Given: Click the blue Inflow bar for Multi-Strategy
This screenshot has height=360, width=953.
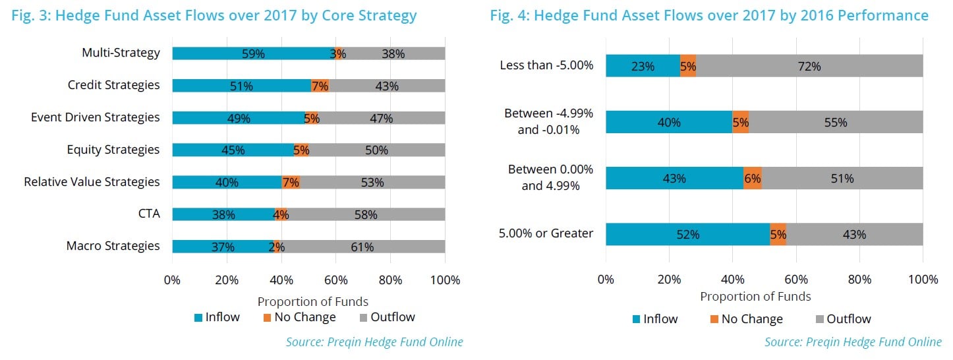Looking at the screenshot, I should (254, 53).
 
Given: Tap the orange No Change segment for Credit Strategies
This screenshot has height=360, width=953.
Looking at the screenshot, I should (320, 86).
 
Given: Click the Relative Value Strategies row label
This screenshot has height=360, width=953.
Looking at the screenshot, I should (92, 181).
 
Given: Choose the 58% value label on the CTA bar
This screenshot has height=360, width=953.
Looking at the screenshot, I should (365, 214).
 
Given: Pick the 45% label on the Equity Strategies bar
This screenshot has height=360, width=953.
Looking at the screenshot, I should (232, 150).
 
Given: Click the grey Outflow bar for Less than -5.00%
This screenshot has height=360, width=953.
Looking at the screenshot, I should (809, 66).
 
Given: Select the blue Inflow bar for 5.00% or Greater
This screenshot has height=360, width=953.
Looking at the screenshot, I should (687, 234).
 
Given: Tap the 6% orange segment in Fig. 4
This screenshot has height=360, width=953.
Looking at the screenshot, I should (753, 178).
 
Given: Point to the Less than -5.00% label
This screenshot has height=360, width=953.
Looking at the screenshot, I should (546, 65).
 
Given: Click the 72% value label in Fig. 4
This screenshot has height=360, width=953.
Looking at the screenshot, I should (809, 66).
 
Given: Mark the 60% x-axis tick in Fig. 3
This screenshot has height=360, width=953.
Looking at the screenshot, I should (335, 280).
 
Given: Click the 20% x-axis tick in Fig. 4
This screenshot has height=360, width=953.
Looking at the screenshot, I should (669, 280).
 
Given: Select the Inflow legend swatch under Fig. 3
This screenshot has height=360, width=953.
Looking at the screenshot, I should (198, 318).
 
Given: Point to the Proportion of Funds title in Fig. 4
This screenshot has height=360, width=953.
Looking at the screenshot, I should (755, 296).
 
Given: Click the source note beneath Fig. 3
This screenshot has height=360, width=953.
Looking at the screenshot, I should (374, 342).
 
